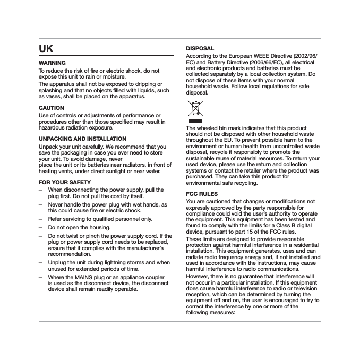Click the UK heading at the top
46,49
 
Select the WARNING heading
52,63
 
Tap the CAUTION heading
52,108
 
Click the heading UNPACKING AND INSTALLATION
82,139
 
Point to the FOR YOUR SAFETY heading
65,183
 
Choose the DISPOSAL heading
200,48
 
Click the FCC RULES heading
202,194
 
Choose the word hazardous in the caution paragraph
52,128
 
